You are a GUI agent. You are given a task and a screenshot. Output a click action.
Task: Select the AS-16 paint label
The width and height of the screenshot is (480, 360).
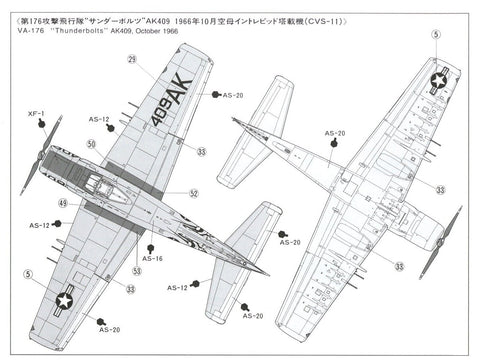coord(152,258)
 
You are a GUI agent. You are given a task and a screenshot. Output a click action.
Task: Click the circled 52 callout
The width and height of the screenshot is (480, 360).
coord(194,193)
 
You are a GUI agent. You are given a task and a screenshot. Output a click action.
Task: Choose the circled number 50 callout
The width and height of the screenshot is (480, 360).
coord(92,143)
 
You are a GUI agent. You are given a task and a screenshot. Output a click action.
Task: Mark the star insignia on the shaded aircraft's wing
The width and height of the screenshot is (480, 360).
coord(66,294)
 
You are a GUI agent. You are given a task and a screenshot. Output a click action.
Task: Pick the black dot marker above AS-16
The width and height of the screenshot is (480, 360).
coord(150,246)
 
